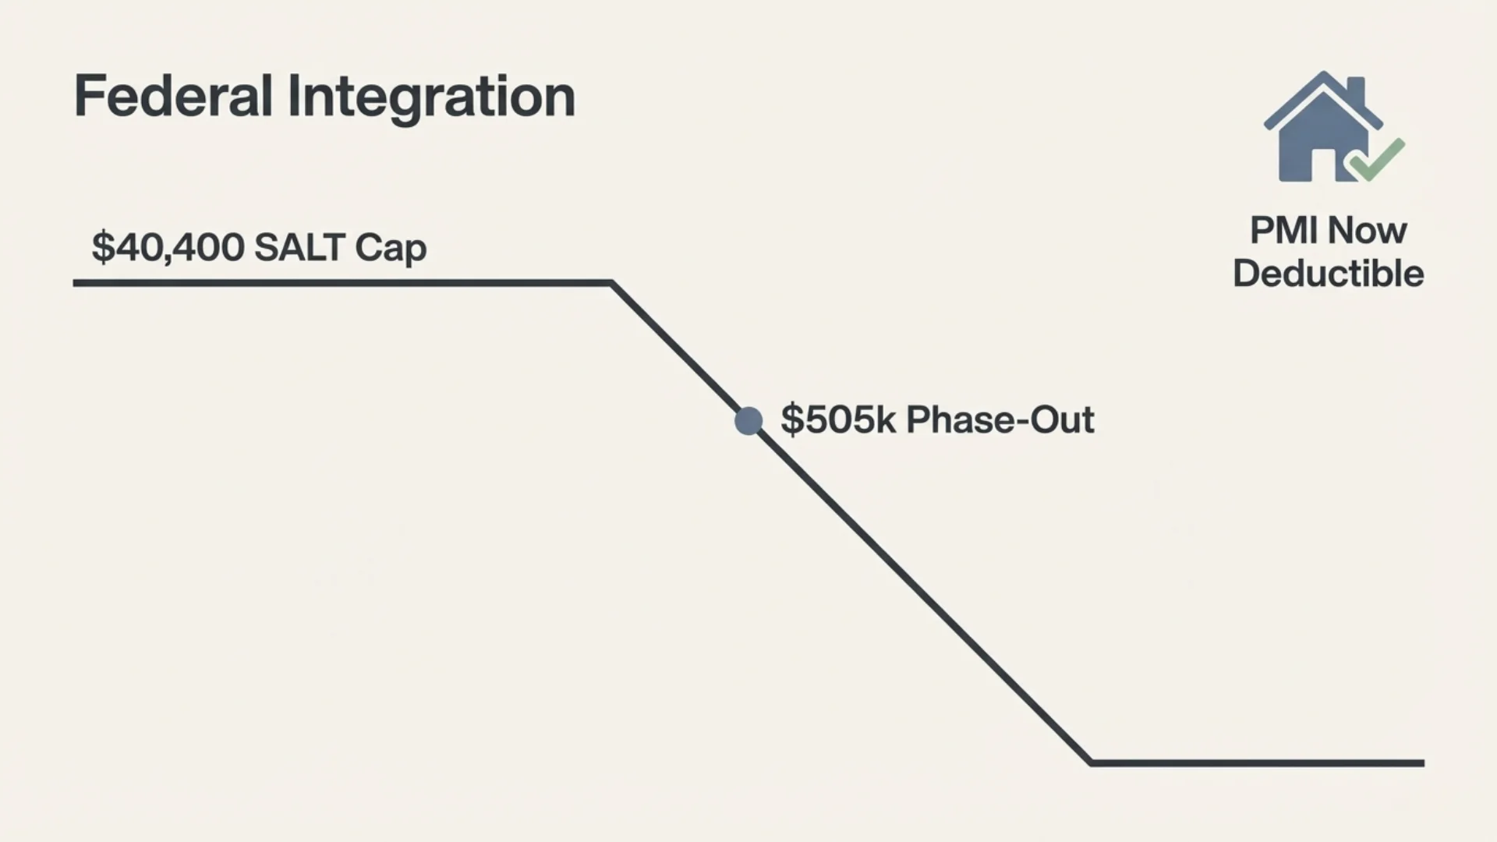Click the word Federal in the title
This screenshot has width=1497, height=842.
(x=173, y=97)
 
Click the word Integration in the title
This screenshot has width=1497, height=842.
(x=431, y=99)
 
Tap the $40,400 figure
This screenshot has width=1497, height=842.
(x=168, y=247)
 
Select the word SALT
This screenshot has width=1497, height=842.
(x=299, y=247)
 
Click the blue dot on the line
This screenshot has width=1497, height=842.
(x=748, y=421)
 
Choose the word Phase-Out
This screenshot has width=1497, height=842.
(x=1000, y=419)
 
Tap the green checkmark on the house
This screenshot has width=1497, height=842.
(x=1377, y=159)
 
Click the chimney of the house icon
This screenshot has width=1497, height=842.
(x=1356, y=90)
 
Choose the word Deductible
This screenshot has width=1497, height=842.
(x=1329, y=274)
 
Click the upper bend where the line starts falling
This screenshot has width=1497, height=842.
(x=612, y=283)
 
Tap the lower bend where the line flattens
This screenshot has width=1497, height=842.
(x=1091, y=762)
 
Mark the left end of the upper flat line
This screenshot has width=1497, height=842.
(x=75, y=283)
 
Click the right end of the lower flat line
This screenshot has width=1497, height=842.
(x=1423, y=763)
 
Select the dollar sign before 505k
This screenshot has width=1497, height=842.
(x=791, y=419)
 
